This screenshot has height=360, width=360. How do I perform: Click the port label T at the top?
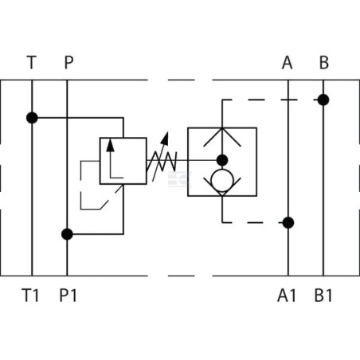[x=32, y=62]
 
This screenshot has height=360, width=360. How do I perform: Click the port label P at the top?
[x=69, y=62]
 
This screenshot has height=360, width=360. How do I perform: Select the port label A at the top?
[x=288, y=63]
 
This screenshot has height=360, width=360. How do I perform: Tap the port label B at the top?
[x=324, y=63]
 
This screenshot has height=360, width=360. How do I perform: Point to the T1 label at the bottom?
[x=30, y=295]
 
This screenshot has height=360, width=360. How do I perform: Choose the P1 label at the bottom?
[x=68, y=295]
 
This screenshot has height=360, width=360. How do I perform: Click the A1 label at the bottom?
[x=287, y=295]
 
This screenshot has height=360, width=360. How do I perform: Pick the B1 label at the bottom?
[x=323, y=295]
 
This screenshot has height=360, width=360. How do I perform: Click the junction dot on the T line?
[x=32, y=118]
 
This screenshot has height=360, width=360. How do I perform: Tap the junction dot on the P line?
[x=67, y=234]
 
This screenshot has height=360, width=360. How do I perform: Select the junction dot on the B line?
[x=323, y=100]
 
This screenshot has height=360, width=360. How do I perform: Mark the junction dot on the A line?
[x=288, y=222]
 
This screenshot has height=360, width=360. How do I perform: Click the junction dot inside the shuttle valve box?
[x=222, y=160]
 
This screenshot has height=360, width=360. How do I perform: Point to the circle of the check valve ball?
[x=222, y=181]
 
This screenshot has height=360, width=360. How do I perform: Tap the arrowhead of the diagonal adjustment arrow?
[x=166, y=138]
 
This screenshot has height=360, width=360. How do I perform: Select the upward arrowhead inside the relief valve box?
[x=110, y=146]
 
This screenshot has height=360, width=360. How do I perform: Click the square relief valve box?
[x=123, y=161]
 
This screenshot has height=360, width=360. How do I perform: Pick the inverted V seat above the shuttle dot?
[x=222, y=137]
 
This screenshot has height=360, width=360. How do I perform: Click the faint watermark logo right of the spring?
[x=180, y=179]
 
